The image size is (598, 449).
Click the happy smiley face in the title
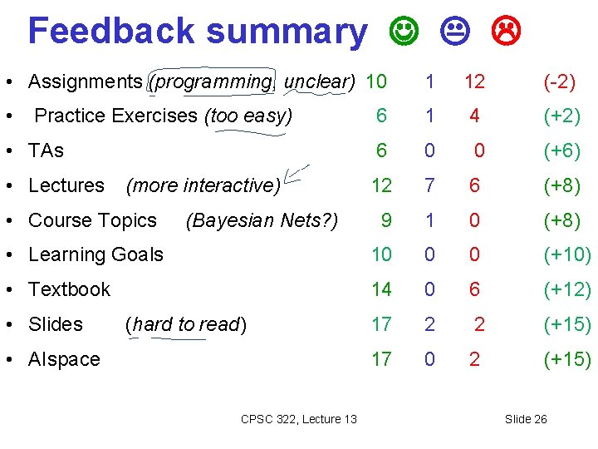(x=403, y=31)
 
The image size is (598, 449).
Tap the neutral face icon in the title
(x=455, y=31)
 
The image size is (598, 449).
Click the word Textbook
(x=69, y=289)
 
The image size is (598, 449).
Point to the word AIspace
(x=64, y=359)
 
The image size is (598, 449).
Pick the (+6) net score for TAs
(x=561, y=150)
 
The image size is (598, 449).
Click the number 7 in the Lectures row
(x=429, y=185)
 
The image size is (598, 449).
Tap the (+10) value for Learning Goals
(x=566, y=254)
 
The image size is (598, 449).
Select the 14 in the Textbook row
(x=381, y=289)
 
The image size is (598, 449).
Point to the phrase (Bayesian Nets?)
(x=262, y=220)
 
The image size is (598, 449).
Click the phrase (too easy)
(x=248, y=116)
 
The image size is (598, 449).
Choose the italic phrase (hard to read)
(x=185, y=324)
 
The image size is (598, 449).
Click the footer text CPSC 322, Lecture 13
(x=298, y=419)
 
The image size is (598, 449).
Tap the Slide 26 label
(x=526, y=419)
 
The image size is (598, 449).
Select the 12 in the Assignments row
(x=474, y=81)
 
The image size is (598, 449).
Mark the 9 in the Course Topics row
(x=386, y=220)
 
